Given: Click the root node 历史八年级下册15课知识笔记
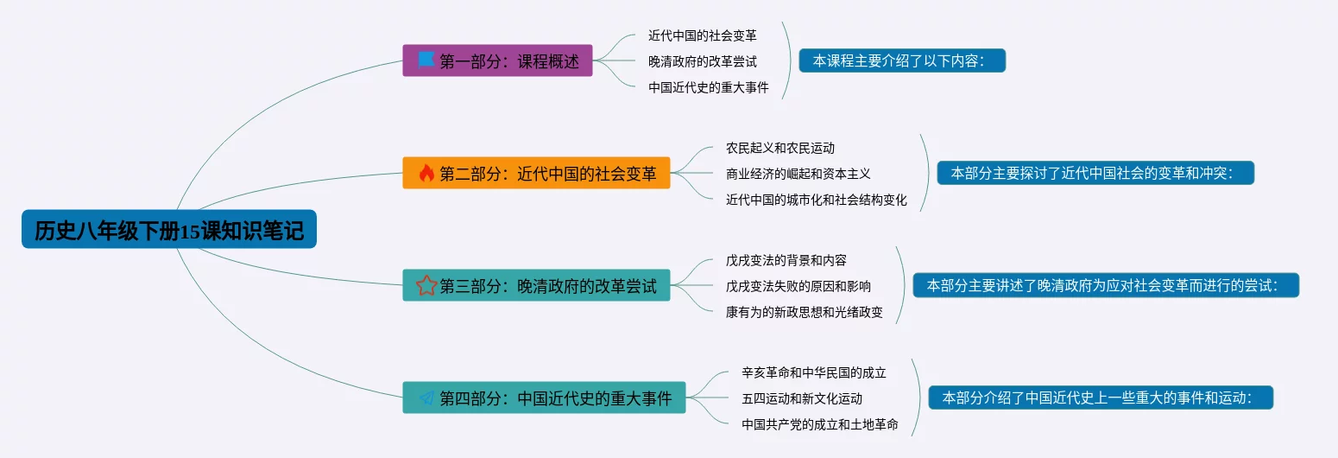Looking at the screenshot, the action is (x=169, y=229).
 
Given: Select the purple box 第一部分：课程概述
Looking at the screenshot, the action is (x=497, y=60).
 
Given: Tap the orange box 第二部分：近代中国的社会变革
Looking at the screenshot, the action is (x=536, y=173).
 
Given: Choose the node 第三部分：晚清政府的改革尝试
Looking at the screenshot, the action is (x=536, y=285).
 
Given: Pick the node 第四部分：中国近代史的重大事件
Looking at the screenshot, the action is (x=544, y=398).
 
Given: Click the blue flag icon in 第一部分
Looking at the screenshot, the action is (x=426, y=60).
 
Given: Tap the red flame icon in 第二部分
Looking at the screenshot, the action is (x=426, y=173).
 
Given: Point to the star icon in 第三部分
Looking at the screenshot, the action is (x=426, y=285).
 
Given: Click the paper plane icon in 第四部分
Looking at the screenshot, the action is (x=426, y=398).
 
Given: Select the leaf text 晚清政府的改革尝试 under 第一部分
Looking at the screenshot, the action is (x=703, y=61).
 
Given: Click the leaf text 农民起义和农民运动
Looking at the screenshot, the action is (x=780, y=148).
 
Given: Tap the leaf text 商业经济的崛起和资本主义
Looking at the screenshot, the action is (x=798, y=174).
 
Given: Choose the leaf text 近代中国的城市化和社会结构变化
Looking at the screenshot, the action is (x=817, y=200).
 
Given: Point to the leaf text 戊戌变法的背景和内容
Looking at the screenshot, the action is (x=786, y=260).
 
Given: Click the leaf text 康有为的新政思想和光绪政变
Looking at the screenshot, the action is (x=804, y=312).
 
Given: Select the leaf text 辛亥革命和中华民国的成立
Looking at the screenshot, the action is (x=814, y=372).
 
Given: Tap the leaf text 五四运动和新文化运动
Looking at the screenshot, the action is (x=802, y=399).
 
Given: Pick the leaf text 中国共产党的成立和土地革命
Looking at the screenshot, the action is (x=820, y=424).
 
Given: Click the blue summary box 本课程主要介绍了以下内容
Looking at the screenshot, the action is (x=903, y=60).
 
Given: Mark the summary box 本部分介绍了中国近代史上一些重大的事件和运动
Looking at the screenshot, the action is (x=1101, y=398).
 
